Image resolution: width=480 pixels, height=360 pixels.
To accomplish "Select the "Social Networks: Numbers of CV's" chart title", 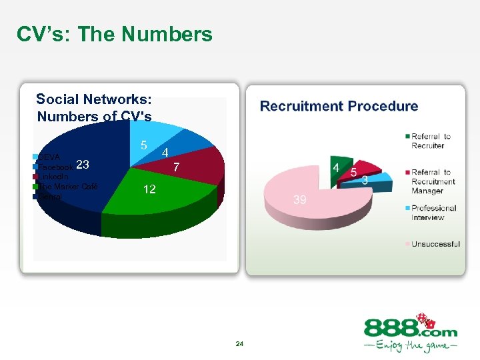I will [94, 108].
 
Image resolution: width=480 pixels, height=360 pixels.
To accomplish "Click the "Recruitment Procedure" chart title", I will [339, 106].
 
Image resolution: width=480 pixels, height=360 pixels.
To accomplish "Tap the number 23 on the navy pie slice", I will [83, 165].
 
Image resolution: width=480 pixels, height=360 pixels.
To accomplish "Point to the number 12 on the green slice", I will [149, 190].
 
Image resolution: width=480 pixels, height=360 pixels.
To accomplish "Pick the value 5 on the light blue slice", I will [143, 145].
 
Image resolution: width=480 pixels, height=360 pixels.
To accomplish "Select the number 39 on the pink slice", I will [300, 200].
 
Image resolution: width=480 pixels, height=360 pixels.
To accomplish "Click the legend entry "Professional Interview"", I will [433, 213].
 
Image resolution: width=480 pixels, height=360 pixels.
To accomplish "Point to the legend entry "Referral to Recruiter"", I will [431, 141].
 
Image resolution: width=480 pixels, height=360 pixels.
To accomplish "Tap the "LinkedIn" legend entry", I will [53, 177].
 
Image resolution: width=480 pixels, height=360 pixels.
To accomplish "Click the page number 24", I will [240, 344].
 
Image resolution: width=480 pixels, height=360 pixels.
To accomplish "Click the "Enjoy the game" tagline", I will [410, 346].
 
